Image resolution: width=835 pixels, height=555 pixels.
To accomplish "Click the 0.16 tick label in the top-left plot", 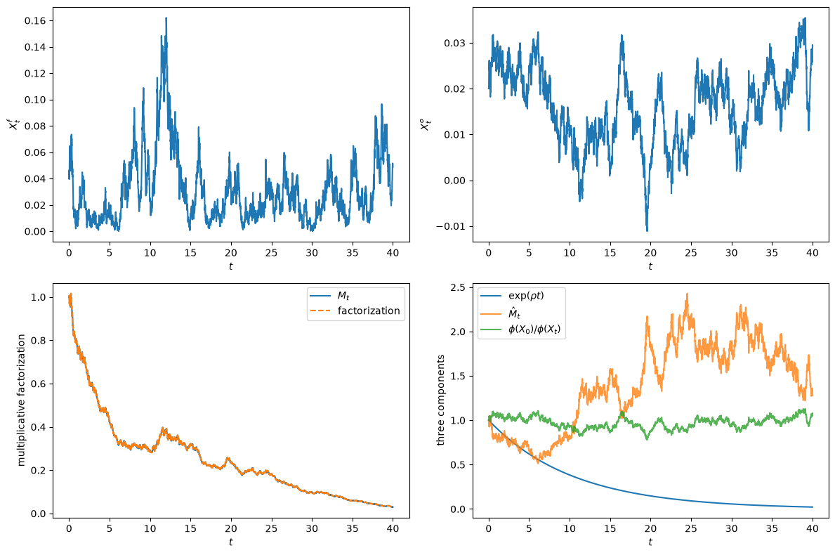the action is tap(35, 21).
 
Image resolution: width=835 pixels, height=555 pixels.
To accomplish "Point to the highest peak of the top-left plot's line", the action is tap(166, 18).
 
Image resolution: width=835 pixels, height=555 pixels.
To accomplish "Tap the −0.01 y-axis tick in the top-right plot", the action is tap(451, 226).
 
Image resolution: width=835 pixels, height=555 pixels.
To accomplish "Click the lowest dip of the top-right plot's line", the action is tap(647, 230).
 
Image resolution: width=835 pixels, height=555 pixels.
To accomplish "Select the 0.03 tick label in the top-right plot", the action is tap(455, 43).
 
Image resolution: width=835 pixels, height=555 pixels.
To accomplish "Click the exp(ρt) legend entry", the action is tap(512, 296).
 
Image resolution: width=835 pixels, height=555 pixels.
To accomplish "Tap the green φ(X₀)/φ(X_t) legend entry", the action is tap(520, 329).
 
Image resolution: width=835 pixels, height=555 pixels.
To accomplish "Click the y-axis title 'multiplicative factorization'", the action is tap(21, 400).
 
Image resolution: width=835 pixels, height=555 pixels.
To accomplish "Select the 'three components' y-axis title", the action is tap(440, 400).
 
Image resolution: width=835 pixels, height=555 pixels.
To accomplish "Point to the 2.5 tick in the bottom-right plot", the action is tap(457, 287).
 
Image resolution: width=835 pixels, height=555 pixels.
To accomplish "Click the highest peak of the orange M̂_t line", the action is tap(687, 294).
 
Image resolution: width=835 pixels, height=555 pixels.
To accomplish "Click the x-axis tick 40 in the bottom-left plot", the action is tap(393, 528).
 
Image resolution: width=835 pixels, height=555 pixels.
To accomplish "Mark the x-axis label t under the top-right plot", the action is tap(650, 266).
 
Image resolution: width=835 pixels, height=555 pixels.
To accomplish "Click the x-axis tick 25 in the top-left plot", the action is tap(271, 252).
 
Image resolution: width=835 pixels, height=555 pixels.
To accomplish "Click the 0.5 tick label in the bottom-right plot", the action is tap(457, 465).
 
